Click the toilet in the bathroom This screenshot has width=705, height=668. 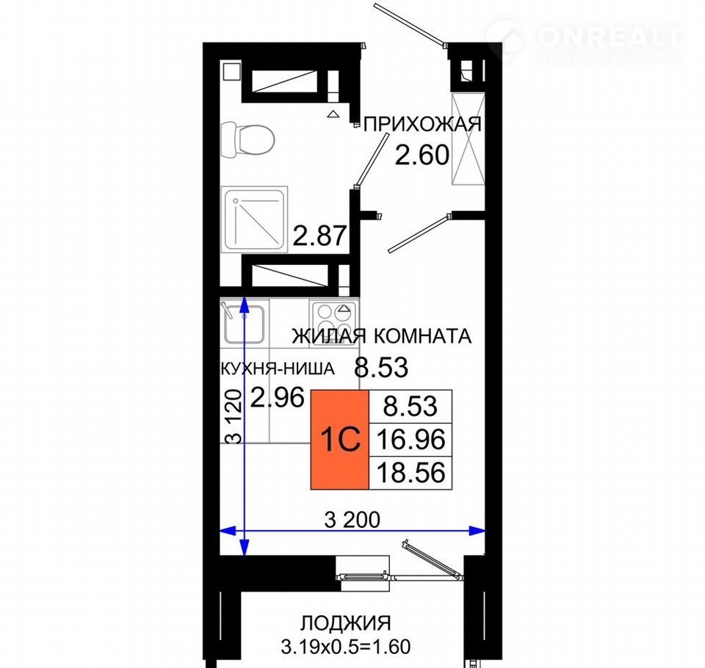(247, 139)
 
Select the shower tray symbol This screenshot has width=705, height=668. (255, 219)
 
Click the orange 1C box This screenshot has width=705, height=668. (340, 439)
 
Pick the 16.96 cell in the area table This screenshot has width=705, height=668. (411, 439)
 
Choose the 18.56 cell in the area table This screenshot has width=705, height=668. (411, 473)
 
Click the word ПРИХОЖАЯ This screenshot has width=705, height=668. (422, 125)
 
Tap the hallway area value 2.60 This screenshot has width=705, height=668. (422, 155)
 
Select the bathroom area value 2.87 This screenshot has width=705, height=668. (319, 236)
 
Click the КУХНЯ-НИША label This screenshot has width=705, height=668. (278, 369)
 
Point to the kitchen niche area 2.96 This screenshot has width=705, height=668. (278, 397)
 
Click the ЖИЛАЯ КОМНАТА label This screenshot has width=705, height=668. (382, 336)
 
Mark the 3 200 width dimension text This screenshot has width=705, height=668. (352, 520)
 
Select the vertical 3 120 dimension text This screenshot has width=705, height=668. (234, 417)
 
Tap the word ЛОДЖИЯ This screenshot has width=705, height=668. (345, 623)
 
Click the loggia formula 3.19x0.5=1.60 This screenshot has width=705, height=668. (346, 647)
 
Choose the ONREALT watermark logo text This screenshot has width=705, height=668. (610, 37)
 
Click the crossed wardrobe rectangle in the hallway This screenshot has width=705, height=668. (469, 139)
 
